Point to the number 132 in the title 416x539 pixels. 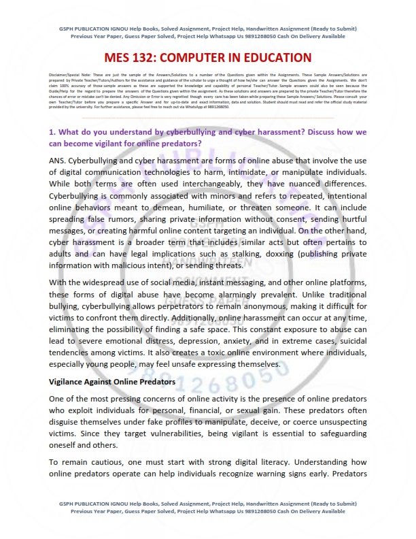[156, 58]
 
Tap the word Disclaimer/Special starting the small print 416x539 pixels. [65, 71]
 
